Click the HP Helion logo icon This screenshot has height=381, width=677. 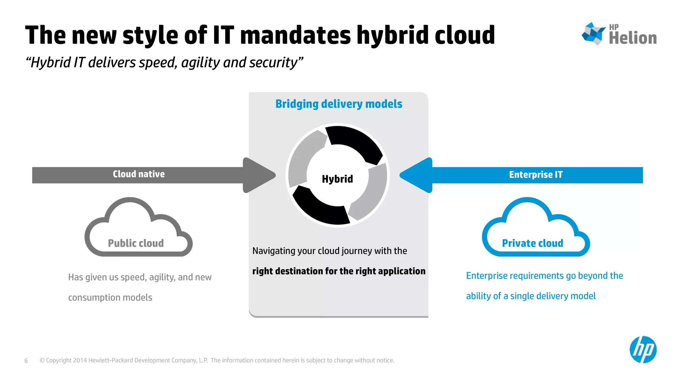593,33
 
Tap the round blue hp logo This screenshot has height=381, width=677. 643,350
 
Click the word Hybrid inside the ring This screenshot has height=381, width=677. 337,179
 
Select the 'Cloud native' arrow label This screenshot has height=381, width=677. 139,174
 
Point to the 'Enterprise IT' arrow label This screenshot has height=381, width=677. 536,175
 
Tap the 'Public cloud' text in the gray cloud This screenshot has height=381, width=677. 136,243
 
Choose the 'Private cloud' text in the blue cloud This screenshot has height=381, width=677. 532,243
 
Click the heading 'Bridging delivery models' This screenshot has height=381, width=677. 339,104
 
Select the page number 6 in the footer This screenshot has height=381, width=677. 26,361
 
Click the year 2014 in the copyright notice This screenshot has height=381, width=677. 80,360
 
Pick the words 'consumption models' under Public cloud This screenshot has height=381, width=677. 110,298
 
